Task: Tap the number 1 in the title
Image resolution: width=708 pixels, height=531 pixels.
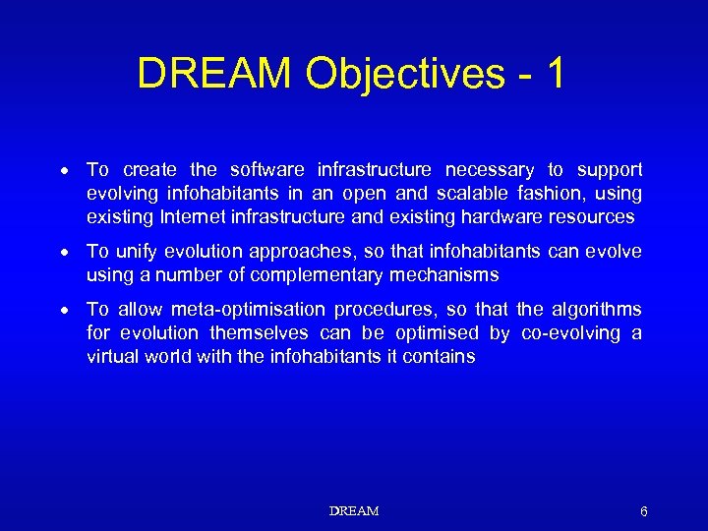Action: click(x=555, y=74)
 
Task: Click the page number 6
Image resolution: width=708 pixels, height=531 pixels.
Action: click(x=643, y=511)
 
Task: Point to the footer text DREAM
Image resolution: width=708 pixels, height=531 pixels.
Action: click(x=354, y=511)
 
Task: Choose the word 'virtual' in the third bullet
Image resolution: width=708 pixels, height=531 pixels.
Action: click(x=111, y=357)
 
